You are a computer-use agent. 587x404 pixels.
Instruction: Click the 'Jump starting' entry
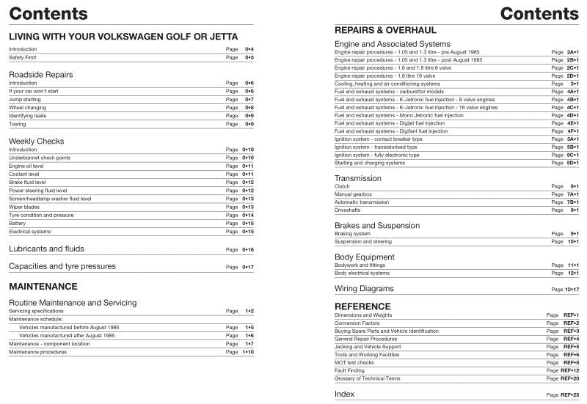pos(25,99)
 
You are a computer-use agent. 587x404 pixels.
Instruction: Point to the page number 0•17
pos(248,267)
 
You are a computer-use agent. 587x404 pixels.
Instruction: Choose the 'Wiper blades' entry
pos(26,207)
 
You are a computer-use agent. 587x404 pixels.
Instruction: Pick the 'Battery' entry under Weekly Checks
pos(18,223)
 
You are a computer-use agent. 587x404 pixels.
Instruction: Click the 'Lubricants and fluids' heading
pos(46,249)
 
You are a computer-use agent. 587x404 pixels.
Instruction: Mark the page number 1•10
pos(248,352)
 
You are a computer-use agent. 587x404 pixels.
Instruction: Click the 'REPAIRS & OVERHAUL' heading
pos(385,31)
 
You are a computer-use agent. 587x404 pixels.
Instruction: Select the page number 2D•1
pos(572,76)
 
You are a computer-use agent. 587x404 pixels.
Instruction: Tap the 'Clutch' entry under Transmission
pos(343,186)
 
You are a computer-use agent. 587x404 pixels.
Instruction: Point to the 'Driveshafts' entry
pos(348,210)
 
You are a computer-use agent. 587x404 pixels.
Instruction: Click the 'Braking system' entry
pos(352,234)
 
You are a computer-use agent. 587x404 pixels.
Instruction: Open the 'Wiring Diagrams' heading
pos(364,289)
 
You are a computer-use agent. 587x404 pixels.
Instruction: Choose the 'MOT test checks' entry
pos(354,362)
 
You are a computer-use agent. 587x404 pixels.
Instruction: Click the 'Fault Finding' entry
pos(349,370)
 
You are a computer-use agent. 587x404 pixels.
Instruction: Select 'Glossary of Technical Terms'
pos(367,378)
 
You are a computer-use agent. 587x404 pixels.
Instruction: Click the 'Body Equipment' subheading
pos(365,257)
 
